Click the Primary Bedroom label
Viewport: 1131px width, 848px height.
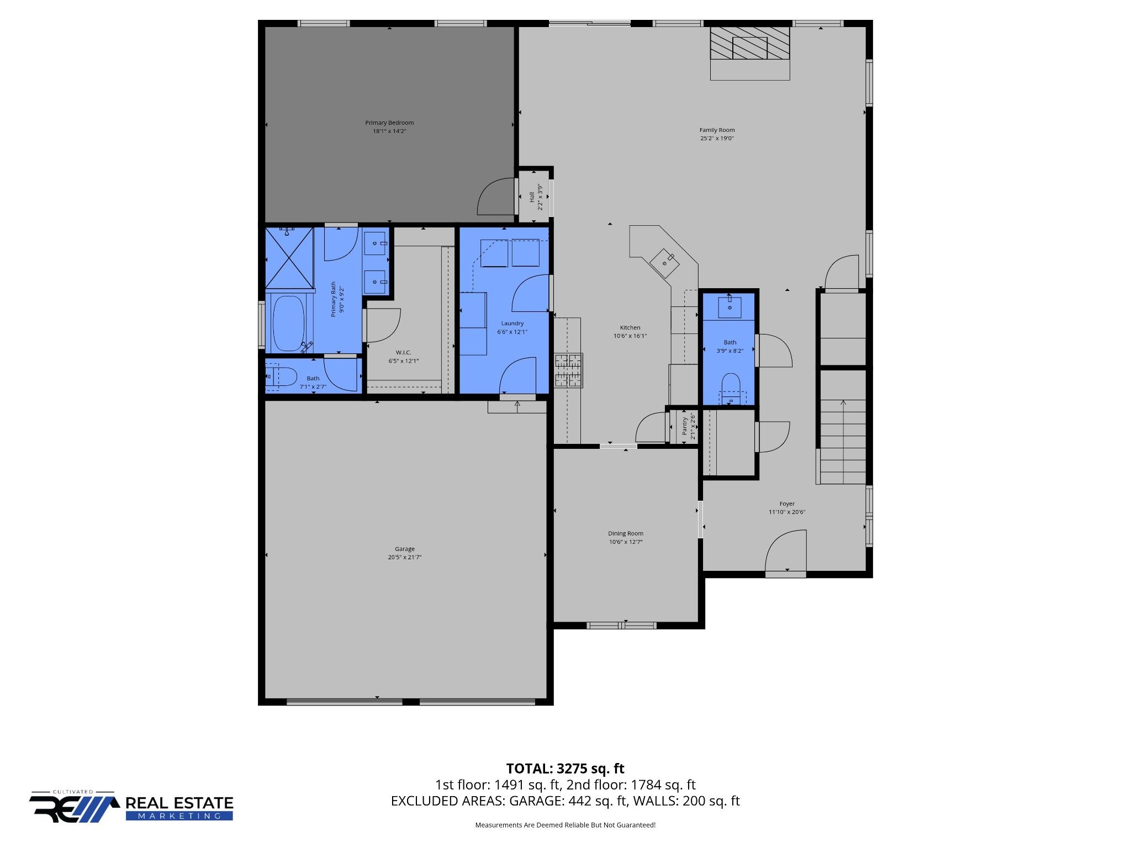click(x=389, y=123)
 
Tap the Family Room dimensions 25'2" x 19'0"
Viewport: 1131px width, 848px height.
click(x=717, y=139)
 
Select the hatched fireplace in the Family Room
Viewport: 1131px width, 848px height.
click(x=750, y=43)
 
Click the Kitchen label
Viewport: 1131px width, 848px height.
click(x=630, y=327)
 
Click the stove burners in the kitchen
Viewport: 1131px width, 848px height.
click(x=568, y=370)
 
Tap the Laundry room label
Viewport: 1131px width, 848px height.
click(x=512, y=324)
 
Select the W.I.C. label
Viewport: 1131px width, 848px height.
click(x=403, y=353)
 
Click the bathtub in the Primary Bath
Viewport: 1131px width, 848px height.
click(x=288, y=324)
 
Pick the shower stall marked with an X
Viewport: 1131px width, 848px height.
click(x=289, y=258)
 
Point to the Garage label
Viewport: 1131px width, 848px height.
click(x=405, y=549)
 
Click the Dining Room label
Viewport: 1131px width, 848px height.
click(x=626, y=533)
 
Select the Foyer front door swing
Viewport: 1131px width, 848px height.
click(x=785, y=551)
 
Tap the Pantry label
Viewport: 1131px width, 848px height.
click(x=685, y=426)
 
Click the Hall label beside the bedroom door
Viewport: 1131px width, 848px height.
click(x=532, y=197)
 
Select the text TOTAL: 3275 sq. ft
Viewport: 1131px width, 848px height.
click(x=565, y=768)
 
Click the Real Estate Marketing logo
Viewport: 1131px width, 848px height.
click(x=131, y=807)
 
